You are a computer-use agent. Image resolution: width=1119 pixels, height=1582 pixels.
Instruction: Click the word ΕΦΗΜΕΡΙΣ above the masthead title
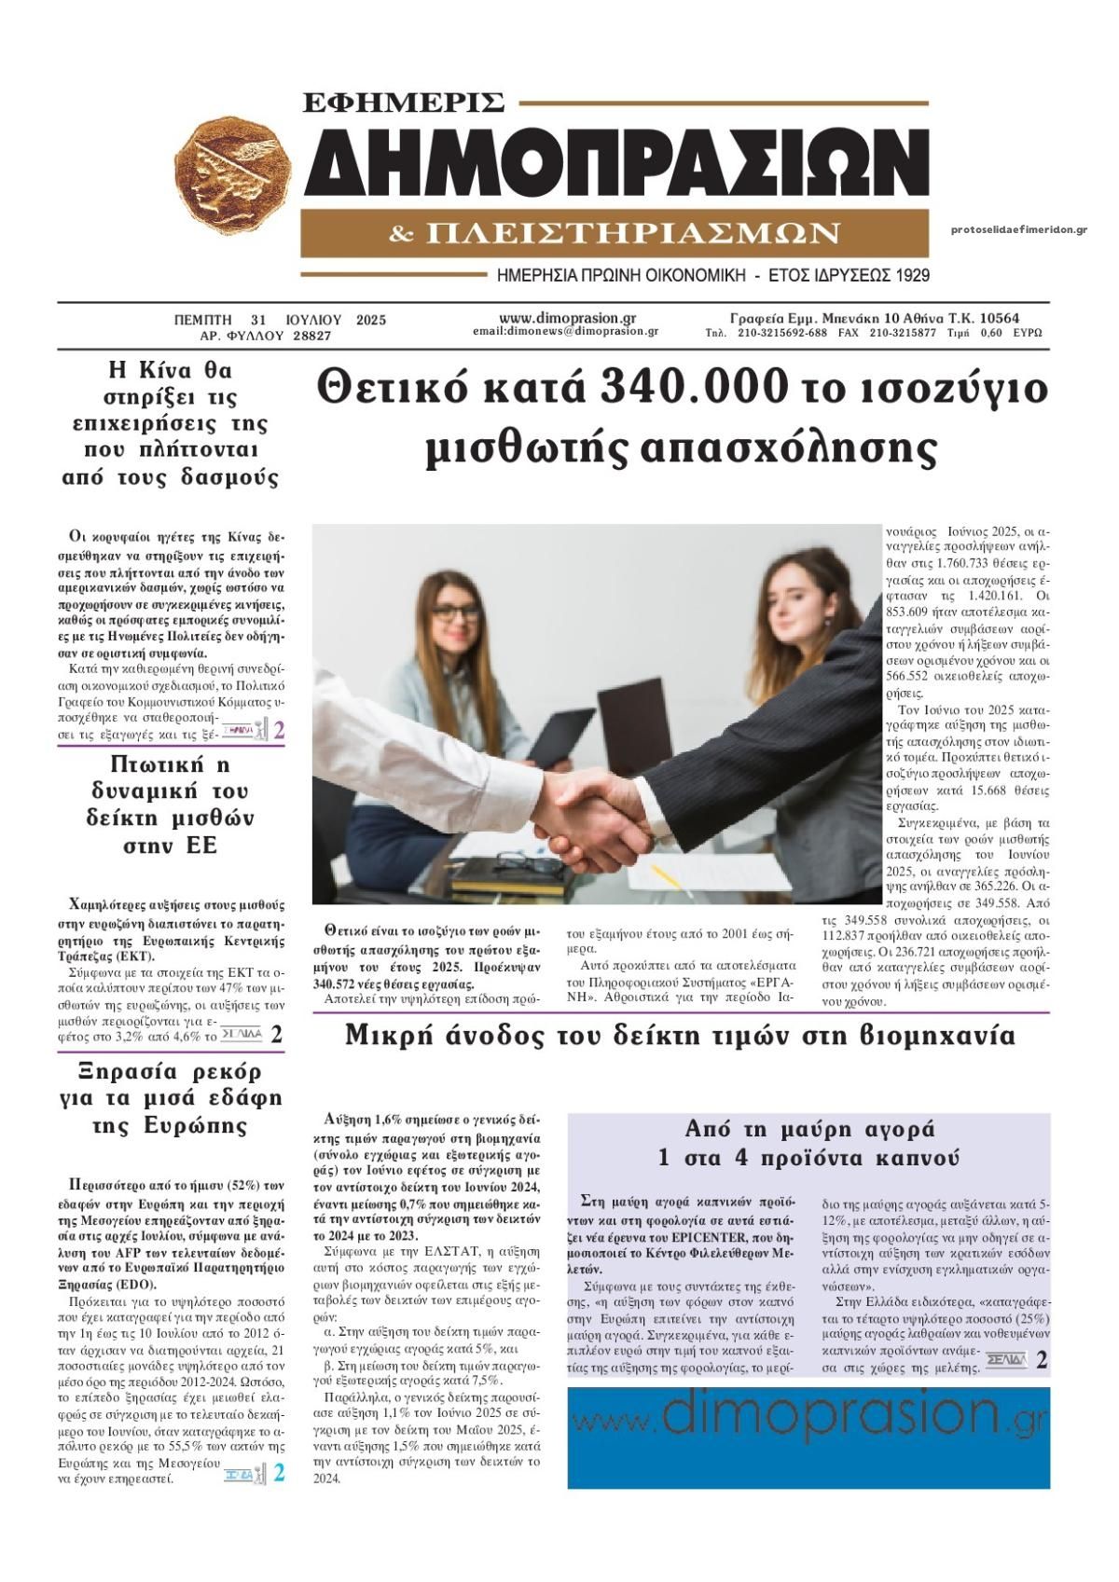click(404, 101)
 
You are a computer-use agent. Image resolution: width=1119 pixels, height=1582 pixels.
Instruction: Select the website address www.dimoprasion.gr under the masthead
click(567, 318)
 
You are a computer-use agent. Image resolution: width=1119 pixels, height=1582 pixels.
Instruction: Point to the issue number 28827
click(312, 336)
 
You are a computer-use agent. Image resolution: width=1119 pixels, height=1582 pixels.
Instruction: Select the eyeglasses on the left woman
click(457, 613)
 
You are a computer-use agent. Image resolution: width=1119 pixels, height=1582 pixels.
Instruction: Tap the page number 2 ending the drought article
click(278, 1473)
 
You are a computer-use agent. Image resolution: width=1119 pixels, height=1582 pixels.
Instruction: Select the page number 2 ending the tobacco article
click(1042, 1360)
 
